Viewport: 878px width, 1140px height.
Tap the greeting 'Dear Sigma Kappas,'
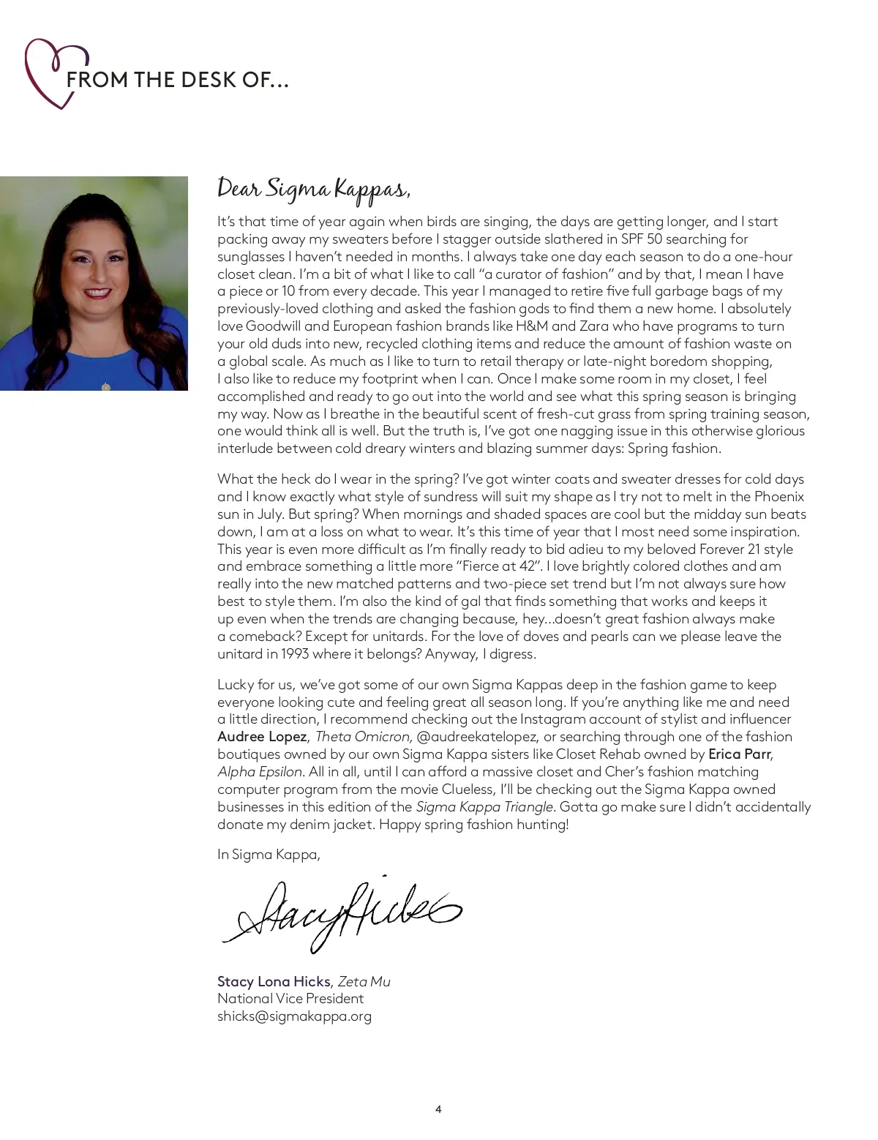[x=314, y=189]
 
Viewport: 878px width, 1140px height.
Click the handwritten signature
[x=341, y=914]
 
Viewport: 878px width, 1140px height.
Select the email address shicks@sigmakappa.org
[x=294, y=1016]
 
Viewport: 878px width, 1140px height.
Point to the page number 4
[x=438, y=1109]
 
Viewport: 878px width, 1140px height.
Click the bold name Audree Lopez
[x=262, y=736]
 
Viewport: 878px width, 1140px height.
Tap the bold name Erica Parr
[x=739, y=754]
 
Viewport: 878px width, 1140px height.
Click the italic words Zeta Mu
[x=364, y=981]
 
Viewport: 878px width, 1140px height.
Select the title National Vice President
[x=290, y=999]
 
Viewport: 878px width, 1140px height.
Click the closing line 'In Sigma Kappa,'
[x=269, y=854]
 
